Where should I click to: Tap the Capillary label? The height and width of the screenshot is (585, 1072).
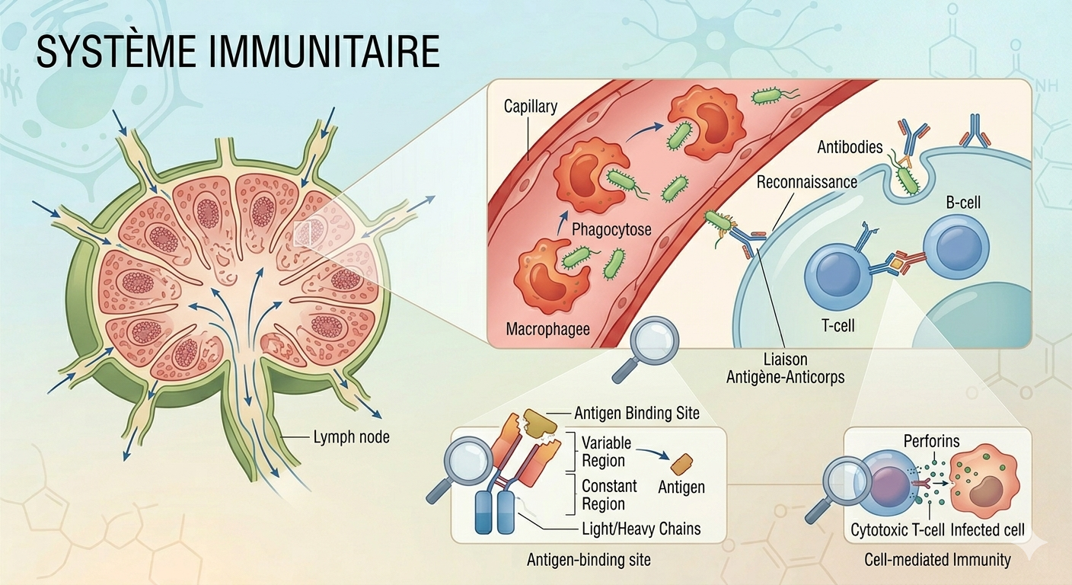click(530, 106)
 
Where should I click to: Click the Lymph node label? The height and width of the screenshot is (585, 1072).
click(351, 437)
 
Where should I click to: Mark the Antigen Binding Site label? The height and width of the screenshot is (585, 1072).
click(637, 414)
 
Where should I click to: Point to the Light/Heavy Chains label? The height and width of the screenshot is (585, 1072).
click(641, 529)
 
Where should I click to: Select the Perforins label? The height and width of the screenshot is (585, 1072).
click(930, 441)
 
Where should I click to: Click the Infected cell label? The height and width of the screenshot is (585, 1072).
click(987, 529)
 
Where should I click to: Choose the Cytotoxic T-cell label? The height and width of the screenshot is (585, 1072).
click(896, 529)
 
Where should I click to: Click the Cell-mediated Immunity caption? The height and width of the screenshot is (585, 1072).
click(937, 560)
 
